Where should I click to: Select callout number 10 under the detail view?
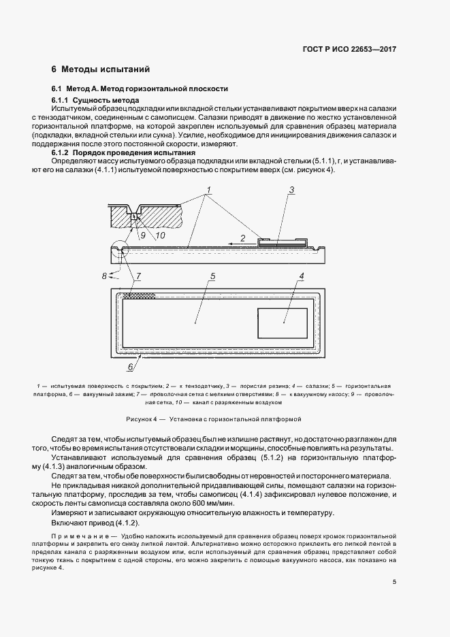pos(161,235)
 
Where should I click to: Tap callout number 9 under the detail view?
pos(143,235)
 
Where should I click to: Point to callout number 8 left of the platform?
pos(104,276)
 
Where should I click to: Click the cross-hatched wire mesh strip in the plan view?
pos(140,296)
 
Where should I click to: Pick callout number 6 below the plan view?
pos(131,365)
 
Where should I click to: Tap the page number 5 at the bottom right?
pos(395,581)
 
